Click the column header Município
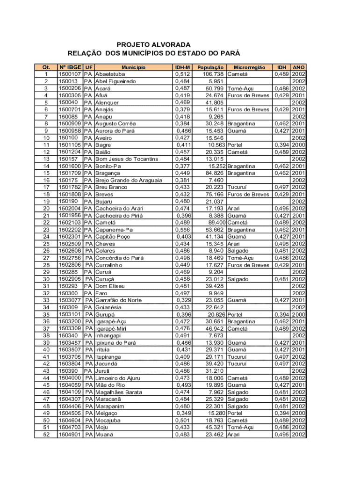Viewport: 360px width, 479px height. point(133,67)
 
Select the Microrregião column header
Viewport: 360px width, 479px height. point(250,67)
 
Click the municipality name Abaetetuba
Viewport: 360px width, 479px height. point(110,74)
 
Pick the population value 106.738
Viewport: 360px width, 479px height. point(212,74)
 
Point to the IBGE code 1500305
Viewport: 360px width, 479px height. point(70,95)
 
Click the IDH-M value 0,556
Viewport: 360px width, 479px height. point(182,230)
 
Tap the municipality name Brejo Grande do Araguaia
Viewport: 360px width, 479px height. point(129,180)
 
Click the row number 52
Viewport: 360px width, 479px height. point(46,434)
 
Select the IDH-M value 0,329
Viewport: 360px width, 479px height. point(183,300)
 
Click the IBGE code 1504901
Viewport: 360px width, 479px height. point(70,434)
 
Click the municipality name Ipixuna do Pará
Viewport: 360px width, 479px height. point(115,343)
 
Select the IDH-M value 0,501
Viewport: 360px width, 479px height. point(182,420)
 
